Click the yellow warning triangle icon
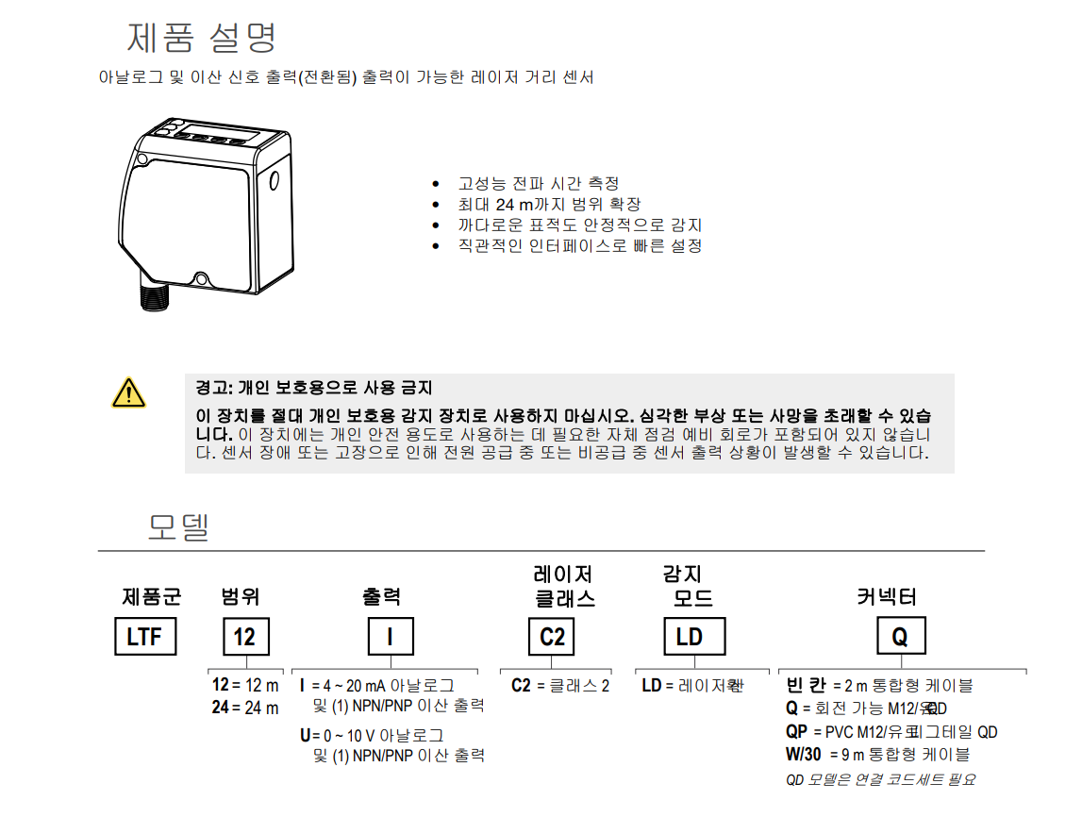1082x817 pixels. pos(128,392)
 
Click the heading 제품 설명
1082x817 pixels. pos(202,38)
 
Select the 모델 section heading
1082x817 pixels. pos(177,526)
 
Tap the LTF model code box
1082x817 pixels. pos(144,637)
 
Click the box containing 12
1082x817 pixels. pos(244,637)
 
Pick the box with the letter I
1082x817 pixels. pos(390,637)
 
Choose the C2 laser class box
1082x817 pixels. pos(552,637)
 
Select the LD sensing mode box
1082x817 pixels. pos(690,637)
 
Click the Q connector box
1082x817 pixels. pos(900,637)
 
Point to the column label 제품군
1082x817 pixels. pos(152,596)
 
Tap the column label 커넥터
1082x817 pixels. pos(887,596)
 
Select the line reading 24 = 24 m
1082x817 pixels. pos(245,708)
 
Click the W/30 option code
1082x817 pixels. pos(804,755)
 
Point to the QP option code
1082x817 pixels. pos(796,732)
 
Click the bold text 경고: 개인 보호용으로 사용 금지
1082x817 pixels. pos(314,388)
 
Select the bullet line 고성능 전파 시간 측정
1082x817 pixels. pos(538,183)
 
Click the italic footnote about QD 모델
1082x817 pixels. pos(881,779)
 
